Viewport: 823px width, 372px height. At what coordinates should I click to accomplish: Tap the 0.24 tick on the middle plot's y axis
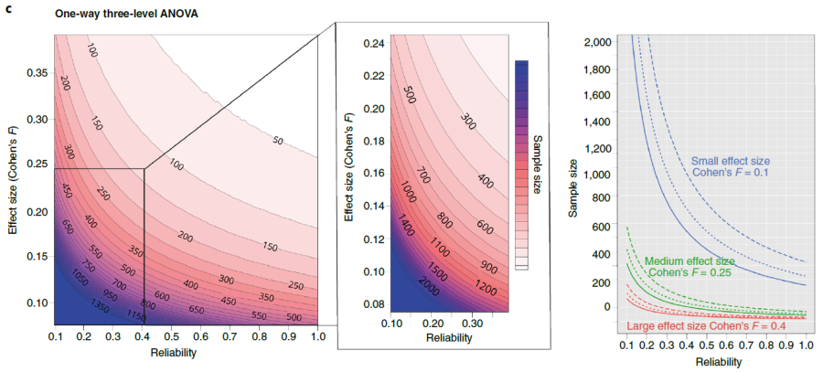(373, 43)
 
